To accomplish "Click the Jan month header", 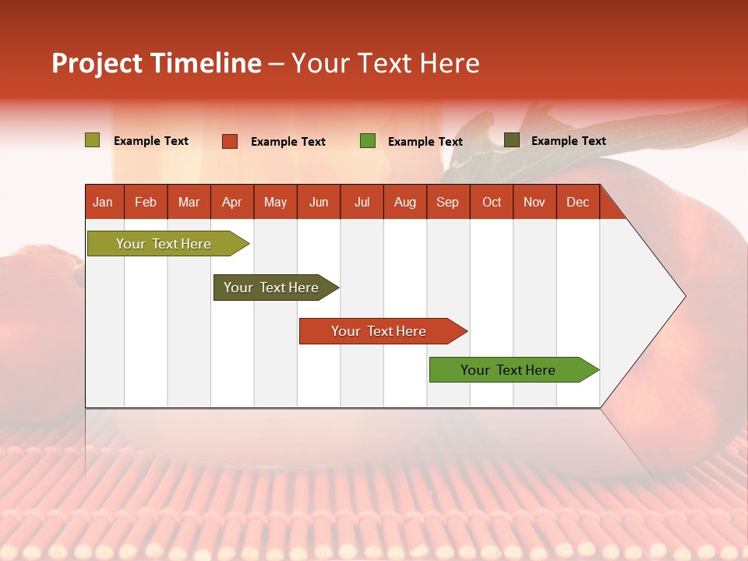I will click(103, 202).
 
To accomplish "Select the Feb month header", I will click(146, 202).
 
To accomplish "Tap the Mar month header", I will click(189, 202).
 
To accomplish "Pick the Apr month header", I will click(232, 202).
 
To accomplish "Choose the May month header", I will click(275, 202).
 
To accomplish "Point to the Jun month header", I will click(319, 202).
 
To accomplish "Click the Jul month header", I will click(362, 202).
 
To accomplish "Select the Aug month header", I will click(405, 202).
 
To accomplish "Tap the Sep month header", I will click(448, 202).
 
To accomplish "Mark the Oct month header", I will click(492, 202).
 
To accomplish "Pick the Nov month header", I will click(535, 202).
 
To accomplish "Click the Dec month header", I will click(577, 202).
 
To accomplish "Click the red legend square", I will click(230, 141).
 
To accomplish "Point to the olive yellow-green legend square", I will click(93, 140).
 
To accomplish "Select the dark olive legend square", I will click(512, 140).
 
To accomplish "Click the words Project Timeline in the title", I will click(157, 63).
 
